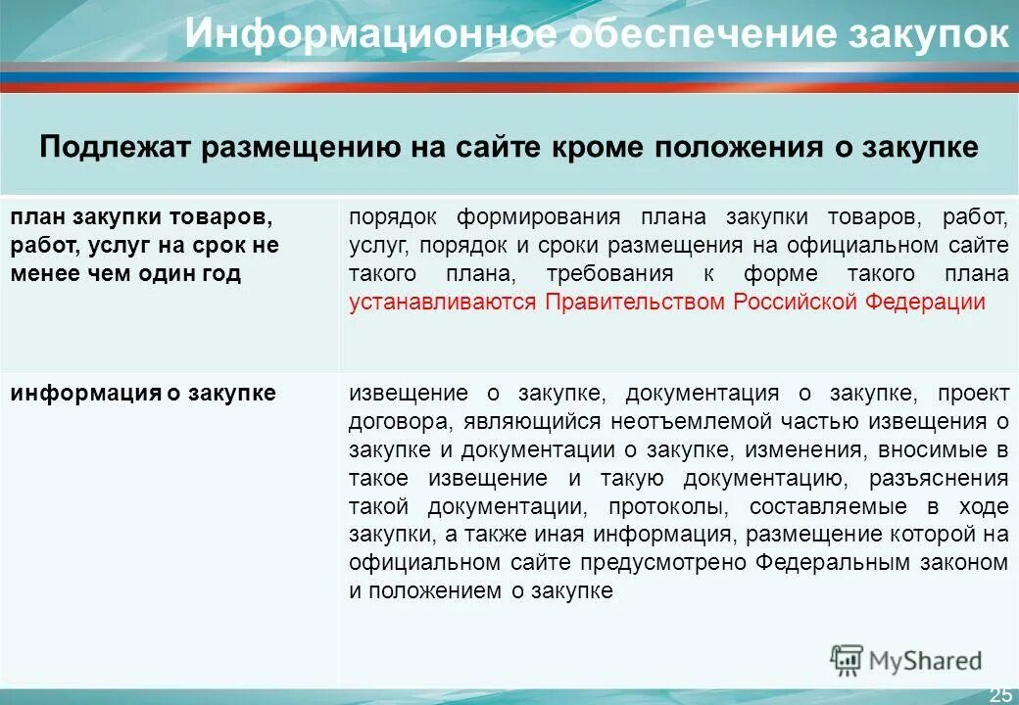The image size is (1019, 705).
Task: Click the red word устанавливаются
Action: point(443,302)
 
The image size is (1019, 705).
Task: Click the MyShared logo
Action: point(905,660)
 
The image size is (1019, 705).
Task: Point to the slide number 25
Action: point(999,694)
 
